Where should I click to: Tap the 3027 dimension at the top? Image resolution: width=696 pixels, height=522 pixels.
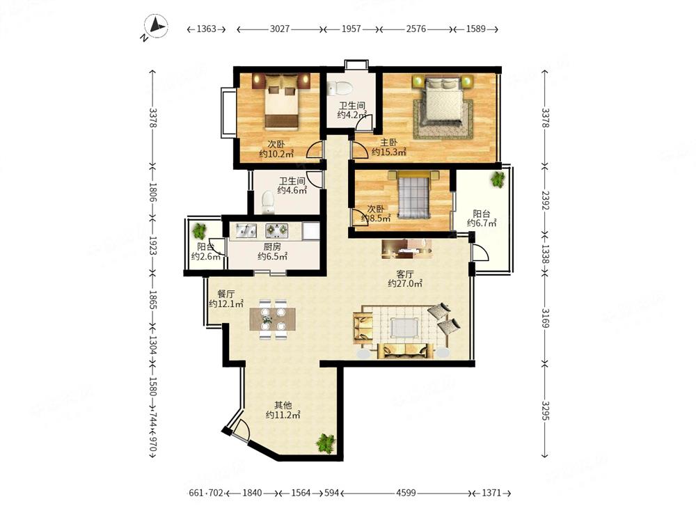280,29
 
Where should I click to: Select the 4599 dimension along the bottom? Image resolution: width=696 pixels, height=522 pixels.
406,493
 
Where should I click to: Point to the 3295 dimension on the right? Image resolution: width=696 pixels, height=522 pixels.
545,411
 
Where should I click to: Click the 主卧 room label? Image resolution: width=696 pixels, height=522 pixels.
389,143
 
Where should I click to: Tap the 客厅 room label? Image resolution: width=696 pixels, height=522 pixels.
405,274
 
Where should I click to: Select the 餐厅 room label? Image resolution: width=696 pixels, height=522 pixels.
226,294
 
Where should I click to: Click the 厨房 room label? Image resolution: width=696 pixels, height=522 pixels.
272,247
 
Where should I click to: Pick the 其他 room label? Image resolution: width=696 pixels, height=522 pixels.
283,405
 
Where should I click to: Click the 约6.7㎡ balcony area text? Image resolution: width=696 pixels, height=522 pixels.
482,223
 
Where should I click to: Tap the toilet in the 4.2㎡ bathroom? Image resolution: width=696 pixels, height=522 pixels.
338,88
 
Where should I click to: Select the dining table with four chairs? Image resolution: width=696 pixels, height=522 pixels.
273,319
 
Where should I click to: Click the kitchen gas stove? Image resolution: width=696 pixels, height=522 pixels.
276,230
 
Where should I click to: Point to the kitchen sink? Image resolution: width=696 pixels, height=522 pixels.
246,230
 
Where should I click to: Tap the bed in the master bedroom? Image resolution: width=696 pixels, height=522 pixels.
443,100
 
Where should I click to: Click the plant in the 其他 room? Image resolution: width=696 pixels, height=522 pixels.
326,443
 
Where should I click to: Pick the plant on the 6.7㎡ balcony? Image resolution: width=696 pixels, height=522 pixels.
498,179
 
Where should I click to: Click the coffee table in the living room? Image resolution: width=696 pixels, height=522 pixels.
404,328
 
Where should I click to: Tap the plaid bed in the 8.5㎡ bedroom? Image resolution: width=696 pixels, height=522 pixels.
414,195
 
